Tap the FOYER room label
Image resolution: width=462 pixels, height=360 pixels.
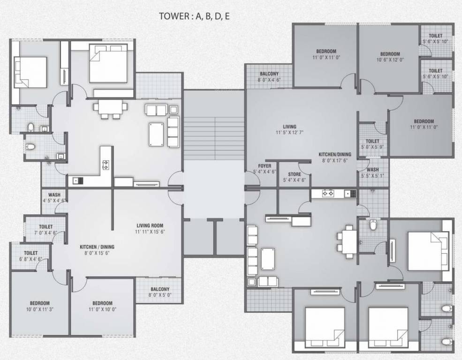point(265,166)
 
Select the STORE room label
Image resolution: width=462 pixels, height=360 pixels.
point(295,174)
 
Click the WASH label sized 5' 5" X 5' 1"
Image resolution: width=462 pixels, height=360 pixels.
point(373,170)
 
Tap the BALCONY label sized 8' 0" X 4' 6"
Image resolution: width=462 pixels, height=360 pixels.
point(268,74)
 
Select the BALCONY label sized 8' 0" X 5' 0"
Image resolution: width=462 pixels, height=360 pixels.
point(160,289)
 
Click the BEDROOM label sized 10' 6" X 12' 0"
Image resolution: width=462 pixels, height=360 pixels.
point(390,54)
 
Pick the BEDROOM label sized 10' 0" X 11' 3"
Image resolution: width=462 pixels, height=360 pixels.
point(40,303)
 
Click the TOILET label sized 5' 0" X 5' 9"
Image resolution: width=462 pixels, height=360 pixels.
point(372,141)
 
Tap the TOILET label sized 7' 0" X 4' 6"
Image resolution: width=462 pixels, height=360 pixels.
point(45,227)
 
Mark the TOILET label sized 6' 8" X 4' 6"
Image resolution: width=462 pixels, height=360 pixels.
point(30,253)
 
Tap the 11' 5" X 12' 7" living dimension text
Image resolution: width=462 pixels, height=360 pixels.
point(289,133)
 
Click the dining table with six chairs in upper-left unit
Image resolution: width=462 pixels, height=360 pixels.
point(111,107)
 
